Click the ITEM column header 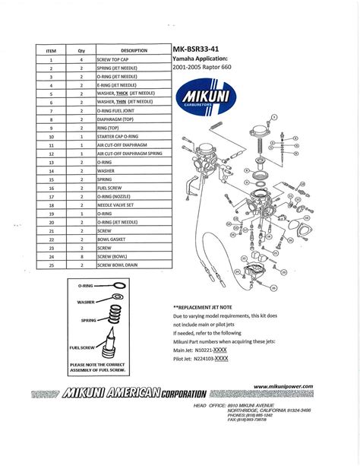point(52,49)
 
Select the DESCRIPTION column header point(133,49)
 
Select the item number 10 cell point(52,136)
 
